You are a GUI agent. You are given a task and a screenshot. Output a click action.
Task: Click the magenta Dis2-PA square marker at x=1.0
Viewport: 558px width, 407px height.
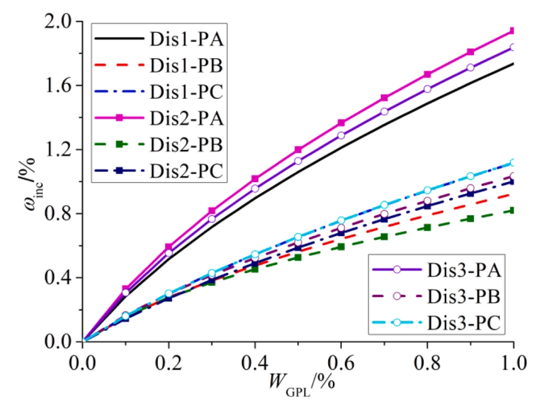pos(513,30)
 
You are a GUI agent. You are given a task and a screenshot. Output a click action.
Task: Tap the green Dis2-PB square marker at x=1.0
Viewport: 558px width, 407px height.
pos(513,210)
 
